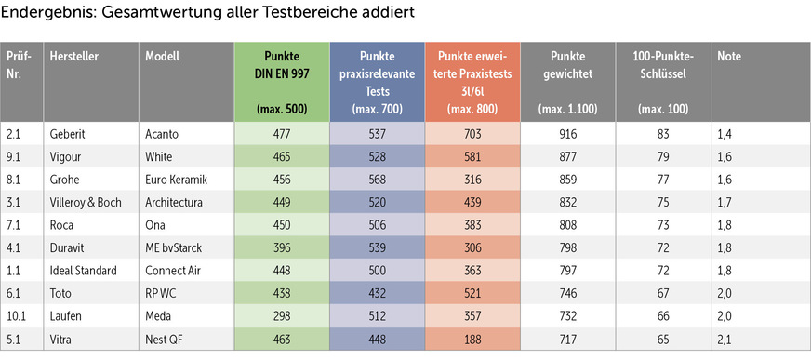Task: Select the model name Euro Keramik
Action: coord(175,180)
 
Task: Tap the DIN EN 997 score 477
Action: coord(280,134)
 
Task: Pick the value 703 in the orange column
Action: coord(473,134)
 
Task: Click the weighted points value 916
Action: coord(567,134)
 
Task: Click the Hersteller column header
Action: coord(74,57)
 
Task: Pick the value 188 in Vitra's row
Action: coord(473,339)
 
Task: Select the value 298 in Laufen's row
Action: coord(280,316)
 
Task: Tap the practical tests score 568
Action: coord(377,180)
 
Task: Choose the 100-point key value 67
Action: coord(663,293)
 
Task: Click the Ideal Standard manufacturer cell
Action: coord(84,271)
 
